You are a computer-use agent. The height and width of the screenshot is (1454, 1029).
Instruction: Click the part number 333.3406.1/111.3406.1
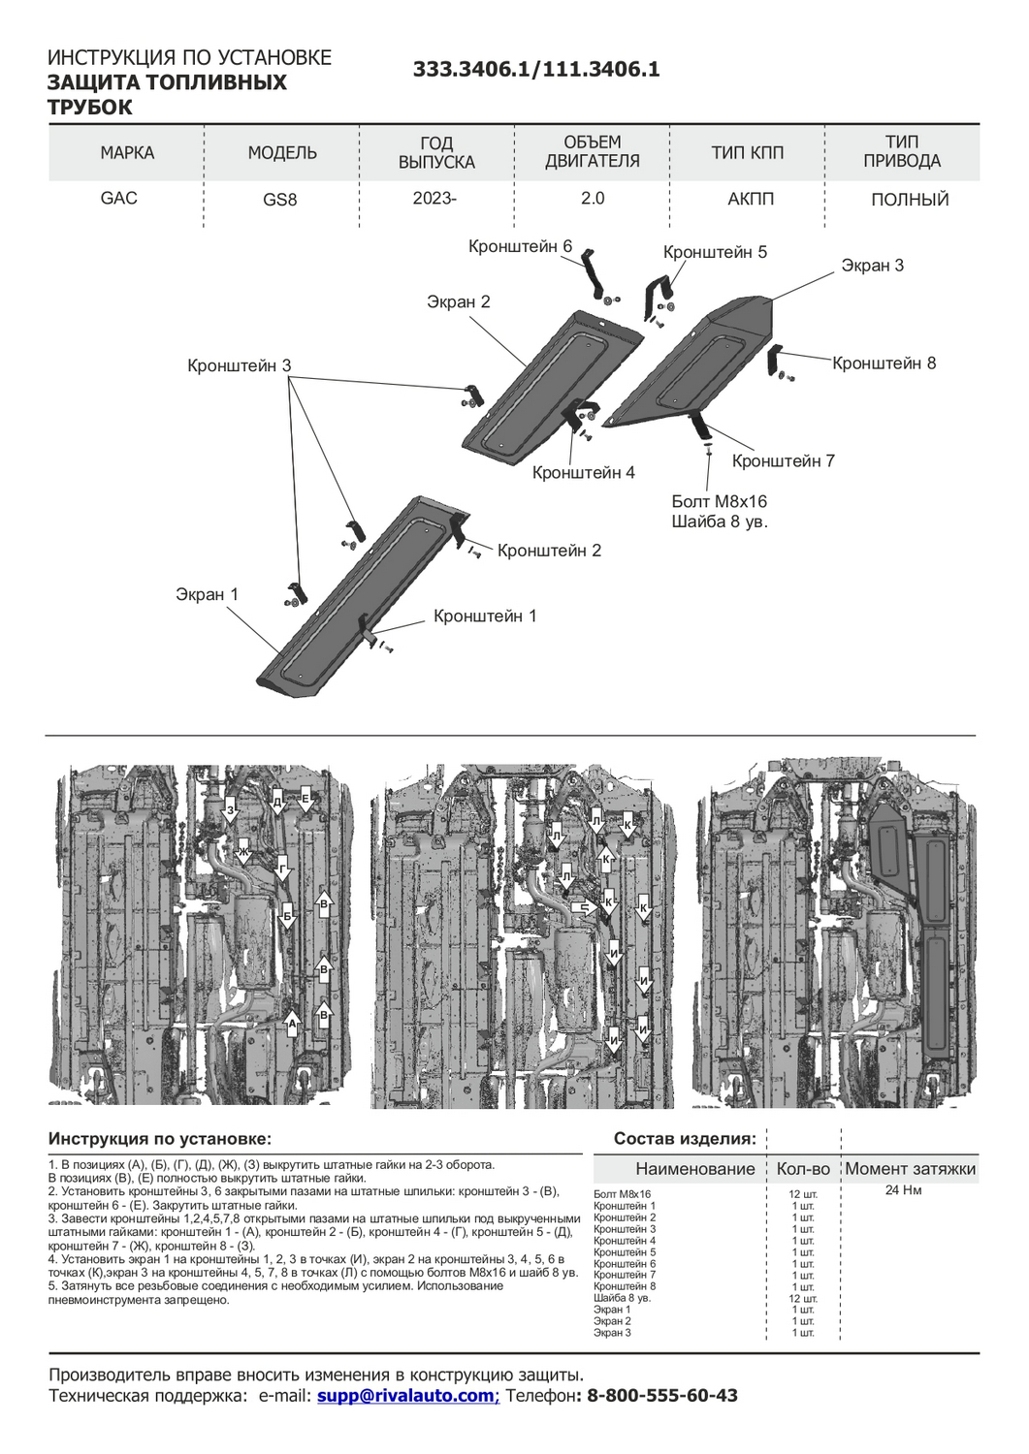pos(536,69)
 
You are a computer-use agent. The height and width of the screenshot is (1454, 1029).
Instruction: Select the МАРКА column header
pos(127,153)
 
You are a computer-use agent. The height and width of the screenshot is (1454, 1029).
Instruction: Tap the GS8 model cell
pos(280,200)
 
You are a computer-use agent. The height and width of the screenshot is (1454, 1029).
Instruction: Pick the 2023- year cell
pos(434,198)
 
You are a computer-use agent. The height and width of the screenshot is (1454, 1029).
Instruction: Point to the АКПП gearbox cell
pos(751,199)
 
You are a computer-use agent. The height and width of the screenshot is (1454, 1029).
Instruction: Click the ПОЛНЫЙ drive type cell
pos(909,200)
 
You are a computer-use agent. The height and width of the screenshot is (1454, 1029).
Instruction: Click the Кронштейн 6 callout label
pos(520,247)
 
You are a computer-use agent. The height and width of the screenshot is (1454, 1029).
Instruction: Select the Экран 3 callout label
pos(872,266)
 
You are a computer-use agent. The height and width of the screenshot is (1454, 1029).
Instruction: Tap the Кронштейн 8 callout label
pos(884,363)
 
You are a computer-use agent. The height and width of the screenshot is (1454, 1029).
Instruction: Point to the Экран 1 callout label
pos(207,594)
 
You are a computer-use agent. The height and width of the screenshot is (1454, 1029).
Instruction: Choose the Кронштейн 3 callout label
pos(239,366)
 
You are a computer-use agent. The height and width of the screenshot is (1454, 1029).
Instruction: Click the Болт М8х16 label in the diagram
pos(719,502)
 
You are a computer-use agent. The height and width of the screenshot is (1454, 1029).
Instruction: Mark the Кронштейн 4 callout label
pos(583,473)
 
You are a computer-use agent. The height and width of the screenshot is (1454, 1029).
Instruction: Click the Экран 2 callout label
pos(459,302)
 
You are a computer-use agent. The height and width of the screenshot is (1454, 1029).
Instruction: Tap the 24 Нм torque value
pos(903,1190)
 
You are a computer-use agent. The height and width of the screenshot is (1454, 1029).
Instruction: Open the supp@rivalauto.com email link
pos(405,1396)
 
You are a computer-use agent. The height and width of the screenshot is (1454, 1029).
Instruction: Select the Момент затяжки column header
pos(910,1169)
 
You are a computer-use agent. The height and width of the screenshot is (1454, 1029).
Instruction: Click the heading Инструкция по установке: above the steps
pos(160,1139)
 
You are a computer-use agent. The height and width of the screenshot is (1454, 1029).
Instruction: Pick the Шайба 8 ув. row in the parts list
pos(622,1298)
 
